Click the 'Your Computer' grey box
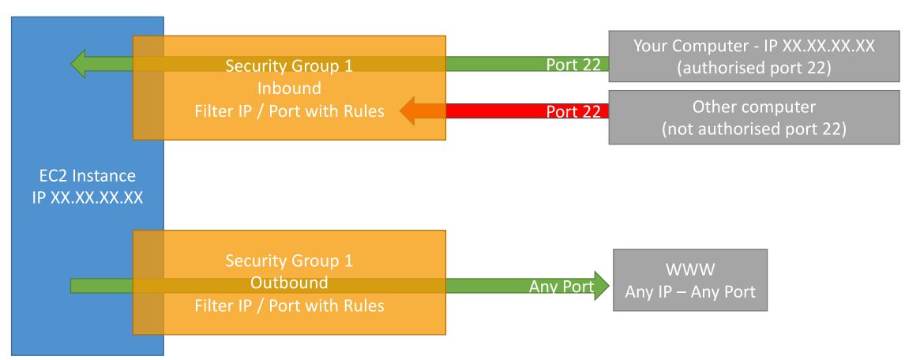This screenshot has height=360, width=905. point(754,57)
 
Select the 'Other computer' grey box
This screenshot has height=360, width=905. point(754,117)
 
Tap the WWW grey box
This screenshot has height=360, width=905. point(690,280)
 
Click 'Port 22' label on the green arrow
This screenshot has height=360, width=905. point(573,65)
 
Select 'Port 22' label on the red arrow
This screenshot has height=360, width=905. point(573,111)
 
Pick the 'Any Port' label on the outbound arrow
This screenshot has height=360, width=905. point(561,286)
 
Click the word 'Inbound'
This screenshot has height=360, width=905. point(289,88)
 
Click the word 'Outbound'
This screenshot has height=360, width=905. point(289,283)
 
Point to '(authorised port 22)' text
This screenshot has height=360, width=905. point(754,68)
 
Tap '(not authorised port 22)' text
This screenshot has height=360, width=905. point(754,129)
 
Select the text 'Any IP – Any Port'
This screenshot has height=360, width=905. point(690,291)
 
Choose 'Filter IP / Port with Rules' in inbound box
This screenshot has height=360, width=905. point(289,111)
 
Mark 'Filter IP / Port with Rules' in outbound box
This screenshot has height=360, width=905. point(289,306)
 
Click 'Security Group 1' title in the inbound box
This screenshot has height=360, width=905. point(289,66)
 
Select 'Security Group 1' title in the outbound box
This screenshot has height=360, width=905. point(289,261)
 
